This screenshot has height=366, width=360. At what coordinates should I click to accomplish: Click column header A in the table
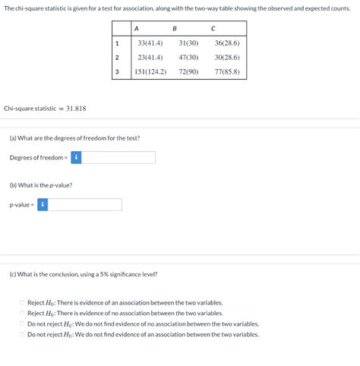(136, 29)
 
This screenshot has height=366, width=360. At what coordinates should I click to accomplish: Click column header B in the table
(175, 29)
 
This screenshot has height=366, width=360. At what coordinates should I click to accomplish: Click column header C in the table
(213, 29)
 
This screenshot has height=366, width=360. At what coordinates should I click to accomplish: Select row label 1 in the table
(117, 43)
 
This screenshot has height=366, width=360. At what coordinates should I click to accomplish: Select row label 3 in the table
(117, 72)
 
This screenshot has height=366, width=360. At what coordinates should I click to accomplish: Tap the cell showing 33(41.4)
(151, 43)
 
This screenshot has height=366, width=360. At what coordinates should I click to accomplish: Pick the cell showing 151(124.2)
(150, 72)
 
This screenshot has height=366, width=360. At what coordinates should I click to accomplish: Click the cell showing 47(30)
(188, 58)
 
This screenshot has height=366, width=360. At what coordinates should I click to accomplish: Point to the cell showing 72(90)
(188, 72)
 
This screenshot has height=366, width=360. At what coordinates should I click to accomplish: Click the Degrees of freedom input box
(119, 157)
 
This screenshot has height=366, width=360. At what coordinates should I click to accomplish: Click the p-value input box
(85, 205)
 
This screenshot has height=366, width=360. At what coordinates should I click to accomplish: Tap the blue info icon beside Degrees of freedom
(77, 157)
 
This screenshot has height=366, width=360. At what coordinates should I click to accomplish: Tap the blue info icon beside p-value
(43, 205)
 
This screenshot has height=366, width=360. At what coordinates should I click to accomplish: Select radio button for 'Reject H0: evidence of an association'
(22, 302)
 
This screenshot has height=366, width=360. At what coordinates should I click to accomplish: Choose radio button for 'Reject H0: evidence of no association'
(22, 313)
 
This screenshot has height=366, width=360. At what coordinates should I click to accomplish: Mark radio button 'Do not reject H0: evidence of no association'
(22, 323)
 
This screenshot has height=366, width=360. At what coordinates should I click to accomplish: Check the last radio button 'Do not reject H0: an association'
(22, 334)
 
